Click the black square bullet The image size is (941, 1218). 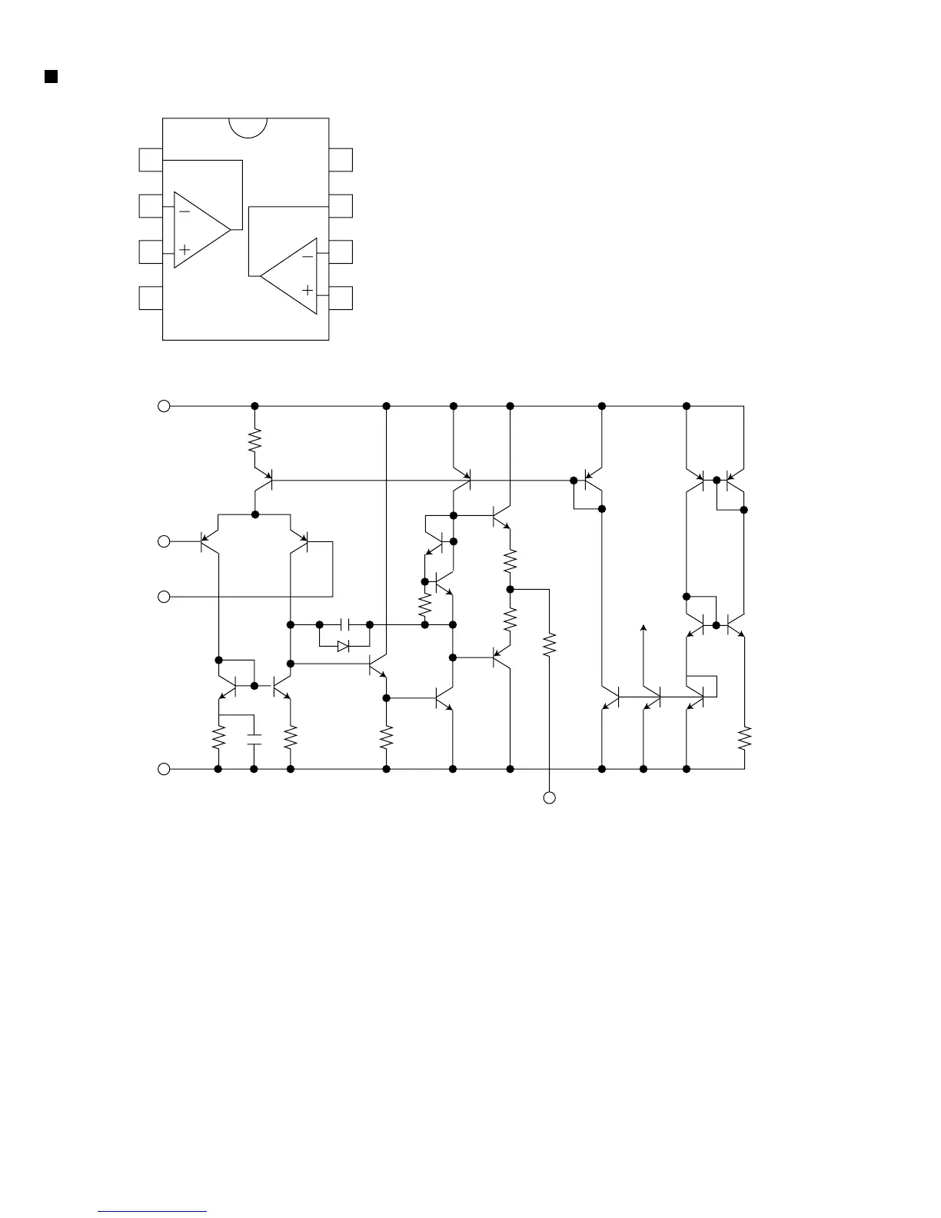[52, 75]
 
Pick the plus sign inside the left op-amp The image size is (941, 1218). [185, 250]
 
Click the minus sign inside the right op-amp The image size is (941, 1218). [308, 255]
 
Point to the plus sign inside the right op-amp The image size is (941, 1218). [308, 291]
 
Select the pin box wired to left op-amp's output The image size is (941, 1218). [151, 160]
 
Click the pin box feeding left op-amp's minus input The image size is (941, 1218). [151, 206]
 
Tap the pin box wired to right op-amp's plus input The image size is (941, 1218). [341, 298]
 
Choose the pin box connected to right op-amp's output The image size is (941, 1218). [341, 206]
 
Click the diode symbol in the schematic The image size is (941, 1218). [344, 647]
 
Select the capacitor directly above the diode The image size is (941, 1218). [344, 624]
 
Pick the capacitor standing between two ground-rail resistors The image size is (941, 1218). [254, 740]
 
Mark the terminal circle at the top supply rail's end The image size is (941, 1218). [164, 406]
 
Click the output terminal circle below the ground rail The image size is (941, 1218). [550, 798]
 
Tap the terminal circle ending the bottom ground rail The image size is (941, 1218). [164, 769]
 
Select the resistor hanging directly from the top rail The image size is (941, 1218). [254, 441]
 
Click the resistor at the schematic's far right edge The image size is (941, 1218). [744, 739]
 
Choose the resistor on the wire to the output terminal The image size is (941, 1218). [550, 644]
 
